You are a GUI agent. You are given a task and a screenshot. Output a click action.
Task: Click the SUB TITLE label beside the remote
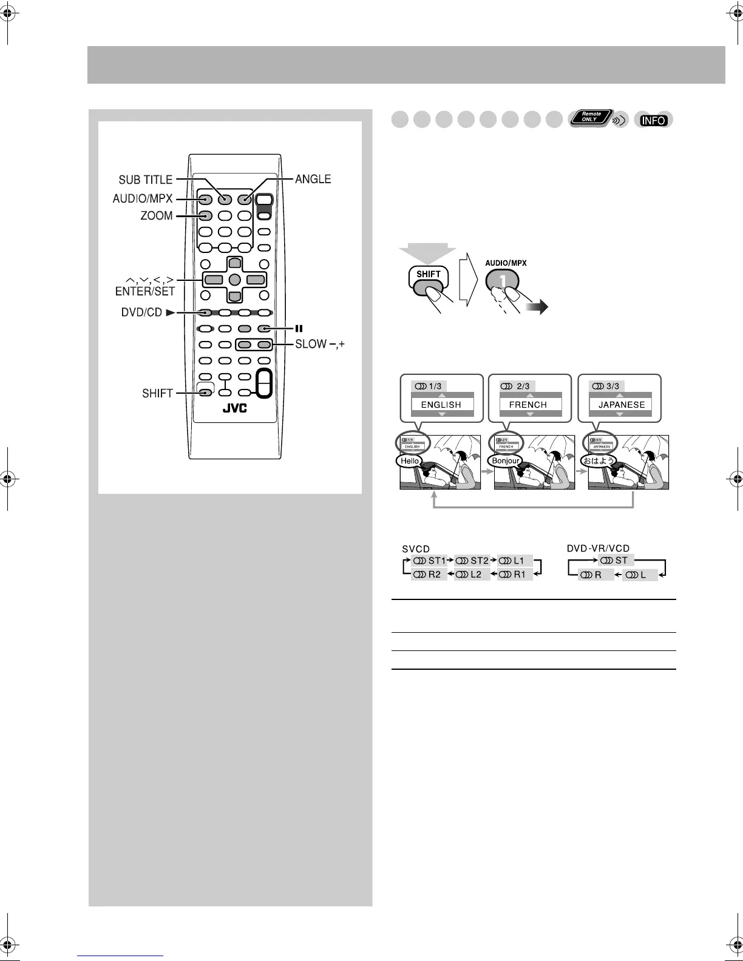[146, 180]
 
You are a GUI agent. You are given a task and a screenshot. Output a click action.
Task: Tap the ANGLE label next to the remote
[313, 179]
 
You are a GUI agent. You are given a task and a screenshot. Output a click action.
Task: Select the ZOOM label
[157, 215]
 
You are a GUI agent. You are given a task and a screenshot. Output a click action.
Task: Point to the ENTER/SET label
[145, 291]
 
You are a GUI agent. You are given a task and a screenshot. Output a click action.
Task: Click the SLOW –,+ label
[319, 344]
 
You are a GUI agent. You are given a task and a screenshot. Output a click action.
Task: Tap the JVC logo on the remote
[234, 408]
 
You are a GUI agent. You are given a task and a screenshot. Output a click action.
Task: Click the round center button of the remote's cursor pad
[234, 280]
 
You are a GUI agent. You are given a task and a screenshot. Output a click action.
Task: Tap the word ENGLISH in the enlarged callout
[441, 405]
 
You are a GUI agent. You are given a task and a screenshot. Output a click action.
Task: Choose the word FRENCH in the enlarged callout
[528, 405]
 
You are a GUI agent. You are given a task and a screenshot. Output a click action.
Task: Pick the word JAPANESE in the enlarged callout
[622, 405]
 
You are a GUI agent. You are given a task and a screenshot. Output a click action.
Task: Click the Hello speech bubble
[410, 461]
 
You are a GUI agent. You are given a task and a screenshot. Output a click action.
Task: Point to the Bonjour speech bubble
[505, 461]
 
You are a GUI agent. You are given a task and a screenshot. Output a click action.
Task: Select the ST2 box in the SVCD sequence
[472, 561]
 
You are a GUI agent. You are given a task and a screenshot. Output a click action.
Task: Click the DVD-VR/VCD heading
[598, 548]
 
